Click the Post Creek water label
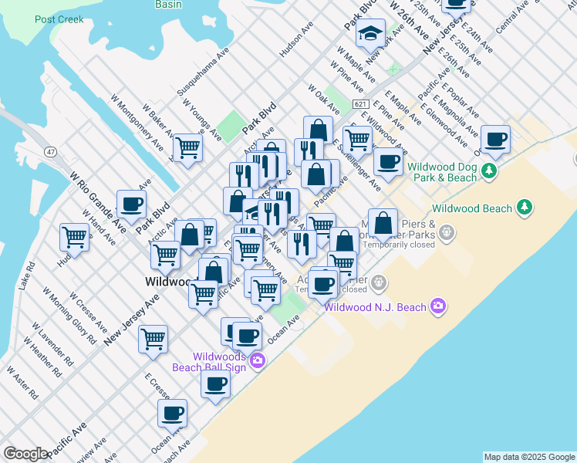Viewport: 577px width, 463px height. tap(59, 19)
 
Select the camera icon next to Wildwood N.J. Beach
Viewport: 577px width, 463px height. tap(438, 306)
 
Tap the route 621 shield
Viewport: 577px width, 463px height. tap(360, 103)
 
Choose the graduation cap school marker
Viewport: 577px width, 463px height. tap(371, 34)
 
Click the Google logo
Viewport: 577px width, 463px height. tap(25, 454)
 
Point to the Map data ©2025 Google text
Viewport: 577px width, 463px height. tap(529, 457)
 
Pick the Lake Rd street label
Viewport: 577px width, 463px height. tap(27, 275)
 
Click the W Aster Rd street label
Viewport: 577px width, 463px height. tap(22, 381)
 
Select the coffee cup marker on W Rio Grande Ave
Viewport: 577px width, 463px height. tap(131, 204)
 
